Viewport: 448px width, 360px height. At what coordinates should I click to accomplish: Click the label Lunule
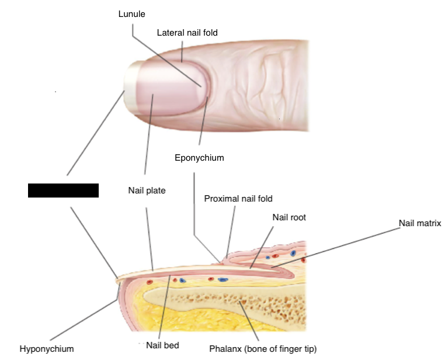(131, 13)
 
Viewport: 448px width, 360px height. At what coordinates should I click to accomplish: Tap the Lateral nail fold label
(187, 33)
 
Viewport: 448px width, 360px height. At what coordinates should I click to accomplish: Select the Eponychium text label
(199, 158)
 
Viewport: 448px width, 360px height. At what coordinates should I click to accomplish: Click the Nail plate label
(147, 190)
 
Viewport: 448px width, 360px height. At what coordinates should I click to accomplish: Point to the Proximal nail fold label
(238, 199)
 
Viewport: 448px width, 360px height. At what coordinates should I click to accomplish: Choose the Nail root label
(289, 217)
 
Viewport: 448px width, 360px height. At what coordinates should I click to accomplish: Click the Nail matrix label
(419, 223)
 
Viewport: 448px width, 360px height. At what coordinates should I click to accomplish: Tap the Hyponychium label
(47, 349)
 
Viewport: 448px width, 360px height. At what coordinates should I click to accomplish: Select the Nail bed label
(162, 345)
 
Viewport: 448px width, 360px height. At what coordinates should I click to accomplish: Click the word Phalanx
(225, 349)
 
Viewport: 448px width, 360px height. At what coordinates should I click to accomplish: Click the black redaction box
(63, 191)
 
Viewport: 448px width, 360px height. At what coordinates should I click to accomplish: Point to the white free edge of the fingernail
(130, 88)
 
